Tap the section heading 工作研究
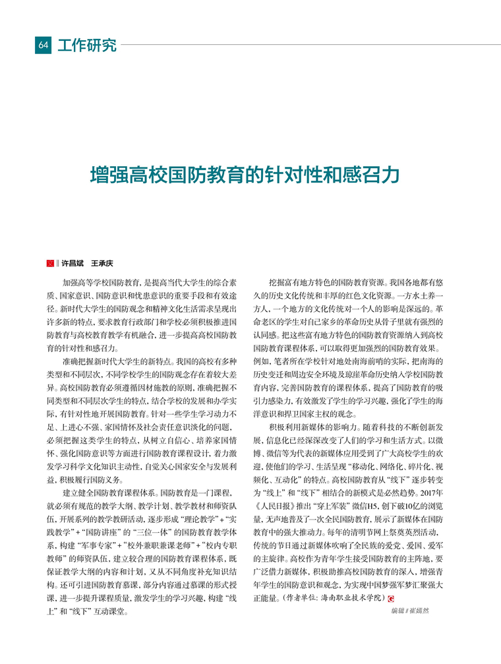pos(87,45)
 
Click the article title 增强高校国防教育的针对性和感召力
pos(245,175)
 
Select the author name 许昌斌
pos(73,262)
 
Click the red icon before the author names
pos(49,262)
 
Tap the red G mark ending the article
pos(392,599)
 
